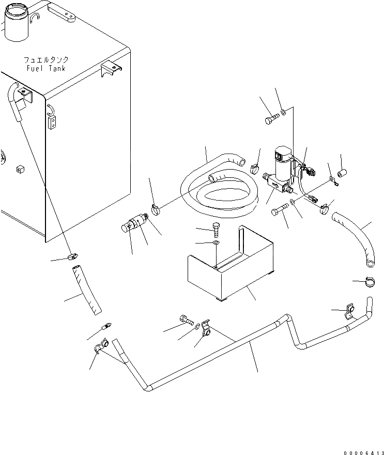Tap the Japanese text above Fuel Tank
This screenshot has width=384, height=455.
(x=45, y=60)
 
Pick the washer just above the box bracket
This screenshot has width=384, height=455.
(x=216, y=243)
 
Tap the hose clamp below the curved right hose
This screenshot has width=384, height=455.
(x=371, y=282)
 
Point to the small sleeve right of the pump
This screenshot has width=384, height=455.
(x=341, y=170)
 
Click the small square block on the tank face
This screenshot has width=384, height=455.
(x=21, y=169)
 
